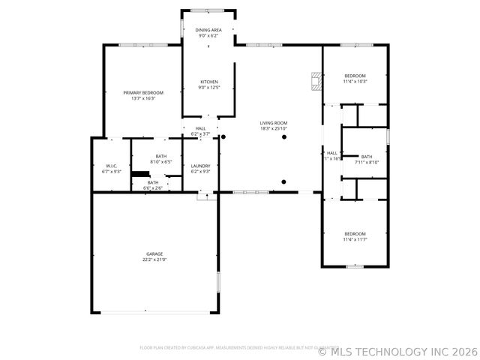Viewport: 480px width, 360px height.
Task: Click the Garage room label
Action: (x=154, y=253)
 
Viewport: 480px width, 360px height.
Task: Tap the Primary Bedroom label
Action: (x=143, y=92)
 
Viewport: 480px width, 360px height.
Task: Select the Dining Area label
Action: (x=210, y=30)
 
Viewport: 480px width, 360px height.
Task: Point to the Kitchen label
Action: (x=208, y=82)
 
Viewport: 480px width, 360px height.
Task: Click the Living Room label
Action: (x=274, y=122)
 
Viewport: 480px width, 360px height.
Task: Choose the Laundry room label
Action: (x=200, y=166)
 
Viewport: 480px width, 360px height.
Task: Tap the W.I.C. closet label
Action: (x=111, y=166)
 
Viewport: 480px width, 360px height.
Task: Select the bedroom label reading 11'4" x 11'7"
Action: (x=355, y=238)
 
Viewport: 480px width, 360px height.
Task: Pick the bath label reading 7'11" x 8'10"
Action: (x=366, y=162)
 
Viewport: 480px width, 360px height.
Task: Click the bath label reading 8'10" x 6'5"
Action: (x=161, y=161)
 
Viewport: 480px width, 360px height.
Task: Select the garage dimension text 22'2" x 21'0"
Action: (x=154, y=259)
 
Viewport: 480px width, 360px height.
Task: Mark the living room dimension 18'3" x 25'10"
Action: (x=274, y=128)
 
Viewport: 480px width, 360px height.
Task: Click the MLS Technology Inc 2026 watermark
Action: (x=397, y=350)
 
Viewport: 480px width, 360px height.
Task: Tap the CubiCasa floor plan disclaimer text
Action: (x=239, y=347)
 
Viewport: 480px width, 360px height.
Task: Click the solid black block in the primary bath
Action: (x=139, y=175)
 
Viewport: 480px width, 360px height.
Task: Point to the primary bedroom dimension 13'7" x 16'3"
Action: (x=143, y=98)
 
